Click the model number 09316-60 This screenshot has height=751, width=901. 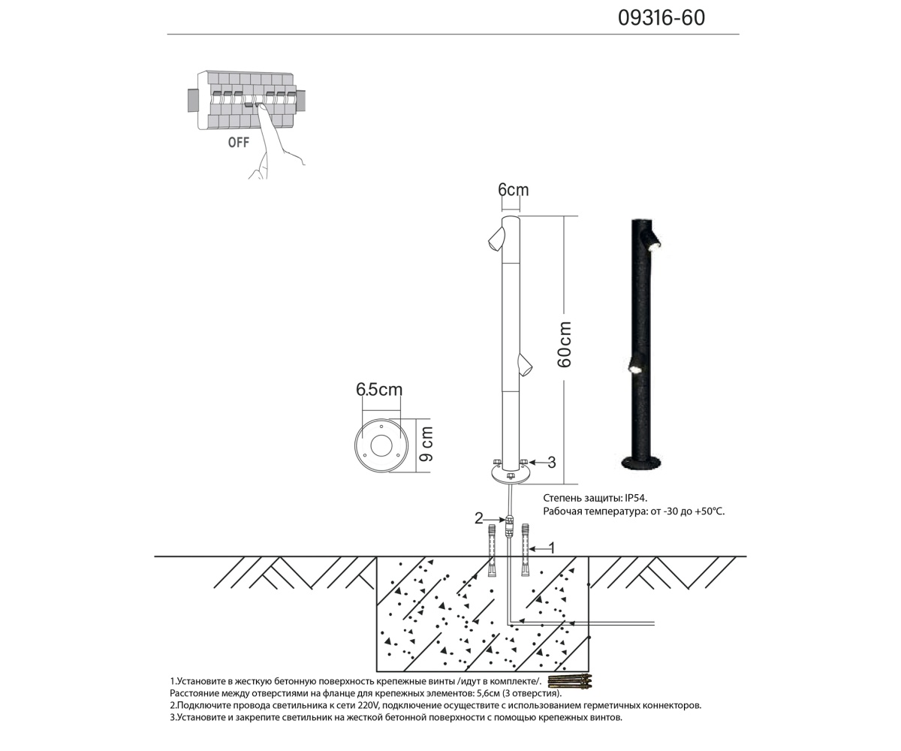tap(661, 18)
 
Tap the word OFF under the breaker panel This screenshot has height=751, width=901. tap(239, 143)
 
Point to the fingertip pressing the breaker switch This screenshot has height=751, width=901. tap(259, 107)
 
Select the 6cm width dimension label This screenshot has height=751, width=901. tap(513, 190)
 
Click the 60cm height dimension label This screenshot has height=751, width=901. tap(565, 345)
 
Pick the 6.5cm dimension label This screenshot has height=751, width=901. tap(378, 390)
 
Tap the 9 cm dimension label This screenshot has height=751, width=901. tap(426, 445)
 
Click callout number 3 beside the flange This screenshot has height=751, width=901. tap(552, 463)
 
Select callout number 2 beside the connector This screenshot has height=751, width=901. tap(479, 518)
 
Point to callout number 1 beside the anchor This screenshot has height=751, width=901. tap(552, 548)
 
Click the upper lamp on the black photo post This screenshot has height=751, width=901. tap(652, 240)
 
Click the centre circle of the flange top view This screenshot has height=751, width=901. tap(381, 446)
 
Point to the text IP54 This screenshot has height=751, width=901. tap(635, 498)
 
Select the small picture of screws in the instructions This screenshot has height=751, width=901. tap(570, 682)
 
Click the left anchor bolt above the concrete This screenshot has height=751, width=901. tap(492, 552)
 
